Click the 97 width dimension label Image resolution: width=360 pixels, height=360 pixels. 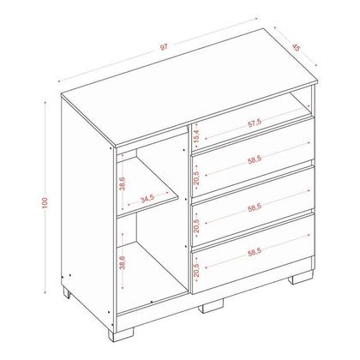(x=164, y=47)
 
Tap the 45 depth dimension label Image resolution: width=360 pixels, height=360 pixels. (x=297, y=47)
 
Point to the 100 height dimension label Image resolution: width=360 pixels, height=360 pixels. (x=45, y=203)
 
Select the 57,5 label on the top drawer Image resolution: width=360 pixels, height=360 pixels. (x=255, y=123)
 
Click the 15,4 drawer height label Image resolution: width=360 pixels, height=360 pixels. (x=196, y=135)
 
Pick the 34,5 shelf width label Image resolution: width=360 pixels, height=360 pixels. (x=147, y=198)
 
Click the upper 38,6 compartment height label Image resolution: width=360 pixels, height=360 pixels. (x=123, y=183)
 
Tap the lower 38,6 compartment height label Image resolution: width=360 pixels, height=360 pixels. (x=123, y=262)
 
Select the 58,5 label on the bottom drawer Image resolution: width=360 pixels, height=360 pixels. (x=255, y=252)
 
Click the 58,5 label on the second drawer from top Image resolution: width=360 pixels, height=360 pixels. (x=255, y=160)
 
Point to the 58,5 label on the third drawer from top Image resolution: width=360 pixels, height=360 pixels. (x=255, y=208)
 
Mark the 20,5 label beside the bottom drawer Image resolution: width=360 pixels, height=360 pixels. (x=196, y=270)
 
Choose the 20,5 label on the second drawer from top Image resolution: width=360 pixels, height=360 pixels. (x=196, y=177)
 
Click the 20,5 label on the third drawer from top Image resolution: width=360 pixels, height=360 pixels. (x=196, y=225)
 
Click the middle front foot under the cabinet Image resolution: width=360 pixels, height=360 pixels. (x=211, y=306)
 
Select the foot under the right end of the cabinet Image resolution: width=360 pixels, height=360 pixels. (x=300, y=278)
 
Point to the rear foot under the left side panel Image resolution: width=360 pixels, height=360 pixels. (x=66, y=292)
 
